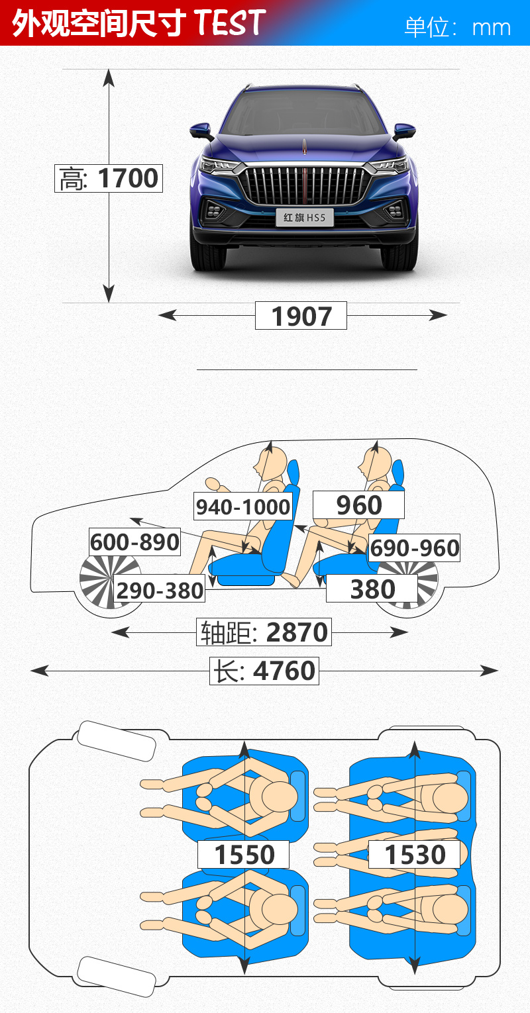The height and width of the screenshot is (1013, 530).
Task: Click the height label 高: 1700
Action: point(108,178)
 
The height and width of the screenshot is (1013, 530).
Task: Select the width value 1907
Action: point(301,316)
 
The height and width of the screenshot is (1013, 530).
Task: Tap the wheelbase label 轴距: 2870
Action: point(264,632)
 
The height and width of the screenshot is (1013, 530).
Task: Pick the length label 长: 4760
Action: point(264,671)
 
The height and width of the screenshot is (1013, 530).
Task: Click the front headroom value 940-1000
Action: point(243,506)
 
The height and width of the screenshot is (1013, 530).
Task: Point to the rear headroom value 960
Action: point(359,505)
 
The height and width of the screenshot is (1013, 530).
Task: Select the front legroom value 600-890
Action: point(135,542)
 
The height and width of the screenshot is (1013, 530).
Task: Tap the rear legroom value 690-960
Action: point(414,548)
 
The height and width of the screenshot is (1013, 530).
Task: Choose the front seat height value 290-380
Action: point(159,590)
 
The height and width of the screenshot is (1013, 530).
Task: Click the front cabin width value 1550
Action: point(244,854)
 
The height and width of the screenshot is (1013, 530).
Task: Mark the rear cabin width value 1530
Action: point(415,854)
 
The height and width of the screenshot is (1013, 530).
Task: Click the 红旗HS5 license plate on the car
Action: point(305,218)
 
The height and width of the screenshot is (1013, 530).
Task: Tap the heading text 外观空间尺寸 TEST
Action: point(138,23)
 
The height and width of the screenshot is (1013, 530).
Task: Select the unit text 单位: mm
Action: point(458,27)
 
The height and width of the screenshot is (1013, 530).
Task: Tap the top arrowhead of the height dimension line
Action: point(109,77)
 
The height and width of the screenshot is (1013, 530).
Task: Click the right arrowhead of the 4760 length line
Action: point(490,671)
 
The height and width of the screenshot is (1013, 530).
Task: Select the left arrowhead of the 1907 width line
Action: point(167,315)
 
